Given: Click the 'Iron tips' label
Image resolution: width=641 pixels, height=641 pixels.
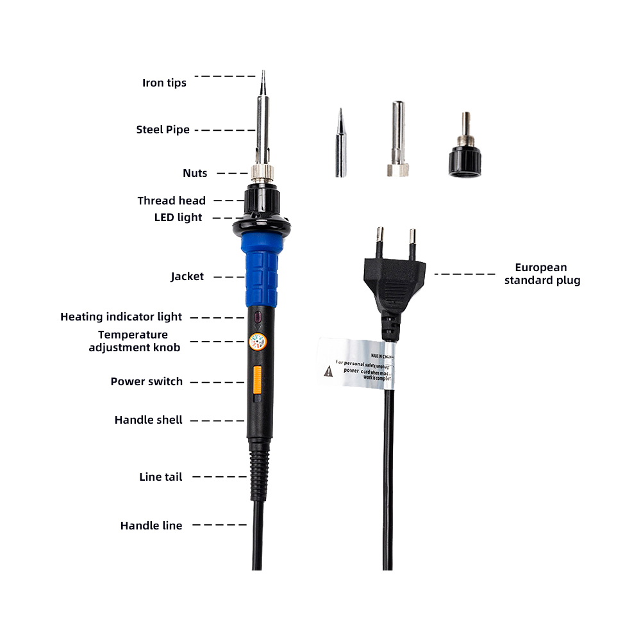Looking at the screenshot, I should tap(164, 83).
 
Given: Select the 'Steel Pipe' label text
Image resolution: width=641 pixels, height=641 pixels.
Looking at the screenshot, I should tap(163, 129).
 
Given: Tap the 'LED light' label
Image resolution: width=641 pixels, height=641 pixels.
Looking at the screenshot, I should tap(178, 217).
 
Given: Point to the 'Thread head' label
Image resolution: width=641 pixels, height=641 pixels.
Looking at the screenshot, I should tap(171, 201).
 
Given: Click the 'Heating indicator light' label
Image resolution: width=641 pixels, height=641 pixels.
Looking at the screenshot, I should tap(121, 317).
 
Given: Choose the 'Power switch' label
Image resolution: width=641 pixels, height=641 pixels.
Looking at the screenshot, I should tap(146, 381).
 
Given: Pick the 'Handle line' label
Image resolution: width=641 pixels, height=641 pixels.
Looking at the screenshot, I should tap(151, 526).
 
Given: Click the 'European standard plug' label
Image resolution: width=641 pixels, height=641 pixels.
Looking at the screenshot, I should tap(542, 274).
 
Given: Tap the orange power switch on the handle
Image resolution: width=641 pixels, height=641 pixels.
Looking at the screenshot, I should tap(258, 379).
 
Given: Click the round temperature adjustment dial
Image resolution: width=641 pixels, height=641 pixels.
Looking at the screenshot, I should tap(257, 343).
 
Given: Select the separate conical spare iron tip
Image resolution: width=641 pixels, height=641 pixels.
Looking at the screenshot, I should tap(340, 144).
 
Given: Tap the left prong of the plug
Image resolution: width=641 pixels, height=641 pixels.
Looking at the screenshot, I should tap(379, 242).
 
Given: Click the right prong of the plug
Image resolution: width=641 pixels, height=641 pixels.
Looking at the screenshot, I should tap(412, 243).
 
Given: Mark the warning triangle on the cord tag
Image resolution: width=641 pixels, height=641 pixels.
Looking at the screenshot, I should tap(328, 370).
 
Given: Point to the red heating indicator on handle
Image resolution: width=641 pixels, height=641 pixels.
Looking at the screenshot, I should tap(256, 317).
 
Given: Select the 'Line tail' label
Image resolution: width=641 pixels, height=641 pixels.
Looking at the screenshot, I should tap(160, 477).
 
